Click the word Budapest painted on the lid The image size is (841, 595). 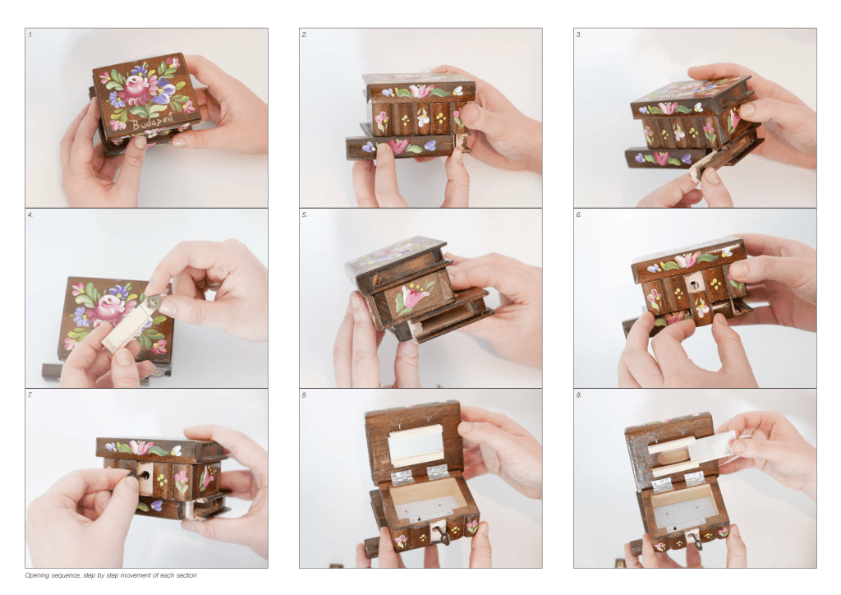153,123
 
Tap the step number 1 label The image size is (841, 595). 30,35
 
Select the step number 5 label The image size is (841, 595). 304,215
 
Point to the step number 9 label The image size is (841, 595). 579,395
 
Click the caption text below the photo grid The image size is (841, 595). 111,575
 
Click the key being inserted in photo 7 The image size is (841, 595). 132,474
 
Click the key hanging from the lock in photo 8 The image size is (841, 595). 443,537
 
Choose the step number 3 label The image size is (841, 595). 579,35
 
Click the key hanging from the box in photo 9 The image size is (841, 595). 696,542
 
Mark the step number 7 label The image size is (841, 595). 30,395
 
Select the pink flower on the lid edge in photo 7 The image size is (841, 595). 140,448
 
